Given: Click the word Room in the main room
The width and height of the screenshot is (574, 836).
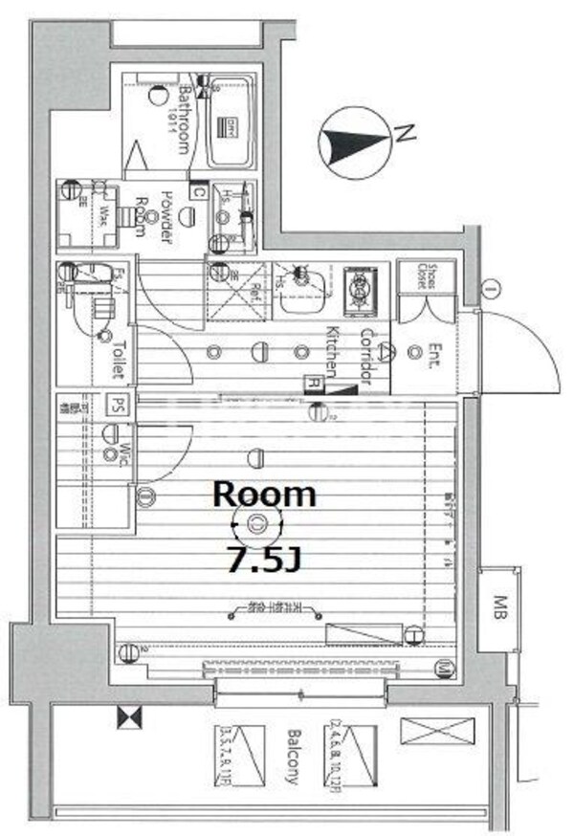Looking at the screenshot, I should tap(263, 494).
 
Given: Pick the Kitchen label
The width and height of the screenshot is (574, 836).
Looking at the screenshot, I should tap(331, 352).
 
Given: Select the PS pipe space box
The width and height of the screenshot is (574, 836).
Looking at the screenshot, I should tap(118, 405).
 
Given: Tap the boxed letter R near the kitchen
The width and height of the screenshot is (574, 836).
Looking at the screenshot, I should tap(313, 382).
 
